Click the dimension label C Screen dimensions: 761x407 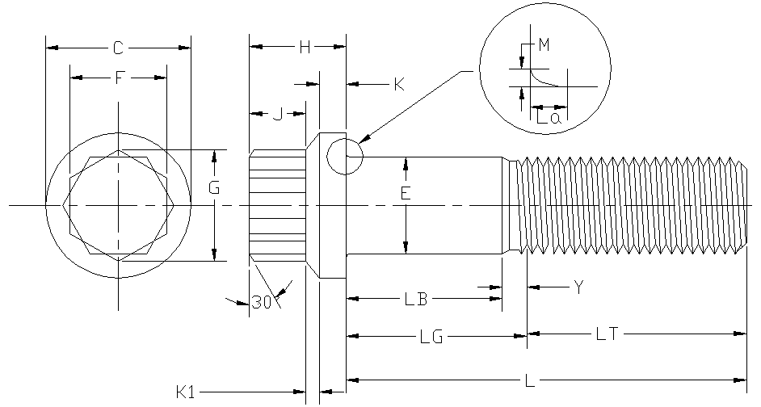pyautogui.click(x=118, y=48)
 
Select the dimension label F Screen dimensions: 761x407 pyautogui.click(x=120, y=78)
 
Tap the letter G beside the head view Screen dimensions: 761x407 pyautogui.click(x=214, y=187)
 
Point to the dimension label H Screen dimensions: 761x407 pyautogui.click(x=305, y=47)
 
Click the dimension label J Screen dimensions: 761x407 pyautogui.click(x=278, y=115)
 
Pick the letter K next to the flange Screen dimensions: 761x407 pyautogui.click(x=399, y=85)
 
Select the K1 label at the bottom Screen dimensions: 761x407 pyautogui.click(x=185, y=392)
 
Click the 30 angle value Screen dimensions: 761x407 pyautogui.click(x=261, y=303)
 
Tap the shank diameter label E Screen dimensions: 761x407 pyautogui.click(x=406, y=194)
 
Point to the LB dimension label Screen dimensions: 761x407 pyautogui.click(x=416, y=299)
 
